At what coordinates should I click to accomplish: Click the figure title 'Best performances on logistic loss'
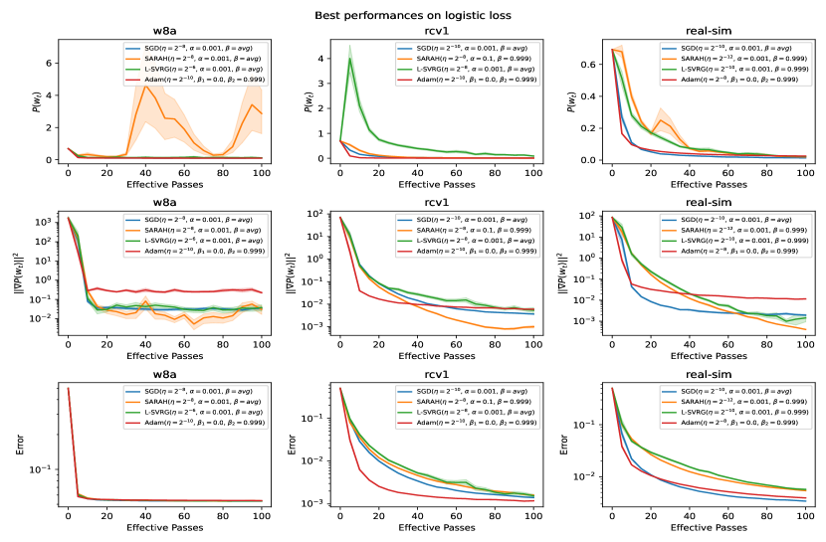(x=413, y=16)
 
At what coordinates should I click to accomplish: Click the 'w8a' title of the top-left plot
(x=164, y=33)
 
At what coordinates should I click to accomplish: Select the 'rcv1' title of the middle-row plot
(x=437, y=206)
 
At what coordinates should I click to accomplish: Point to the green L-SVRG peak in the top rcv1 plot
(x=350, y=59)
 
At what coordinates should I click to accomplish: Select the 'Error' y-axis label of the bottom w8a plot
(x=22, y=444)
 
